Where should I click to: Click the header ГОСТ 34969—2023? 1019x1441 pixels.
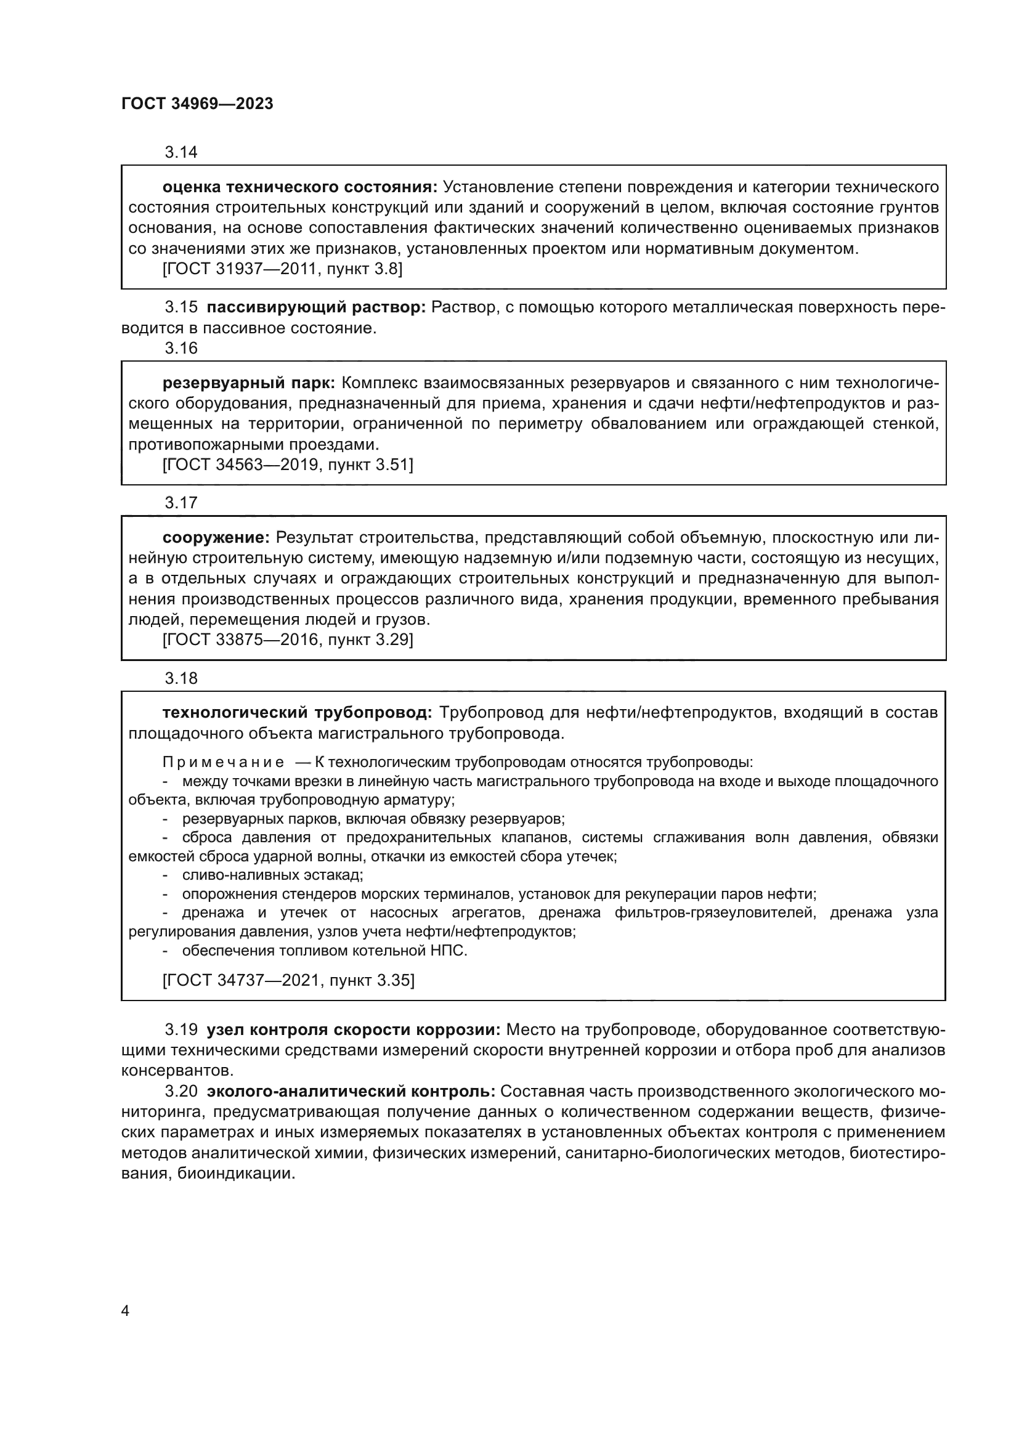[x=197, y=104]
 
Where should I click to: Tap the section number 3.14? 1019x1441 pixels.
[x=181, y=152]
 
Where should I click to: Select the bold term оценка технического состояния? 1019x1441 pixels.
[x=299, y=187]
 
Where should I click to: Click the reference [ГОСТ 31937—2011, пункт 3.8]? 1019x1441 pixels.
[x=282, y=269]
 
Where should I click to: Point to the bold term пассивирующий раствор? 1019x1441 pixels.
[x=316, y=307]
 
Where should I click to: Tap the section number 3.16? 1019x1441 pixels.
[x=181, y=348]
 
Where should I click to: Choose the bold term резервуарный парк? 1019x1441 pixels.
[x=249, y=383]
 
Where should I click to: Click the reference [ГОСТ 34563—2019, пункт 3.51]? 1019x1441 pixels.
[x=287, y=465]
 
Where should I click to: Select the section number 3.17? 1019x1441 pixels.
[x=181, y=503]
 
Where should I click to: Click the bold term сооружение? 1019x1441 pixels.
[x=216, y=537]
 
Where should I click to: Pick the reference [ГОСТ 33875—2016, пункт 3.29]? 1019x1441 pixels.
[x=287, y=639]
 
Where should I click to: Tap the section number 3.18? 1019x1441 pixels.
[x=181, y=678]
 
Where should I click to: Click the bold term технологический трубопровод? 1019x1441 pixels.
[x=297, y=713]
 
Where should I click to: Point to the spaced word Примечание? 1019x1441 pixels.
[x=223, y=763]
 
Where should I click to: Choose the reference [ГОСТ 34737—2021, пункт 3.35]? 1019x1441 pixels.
[x=288, y=980]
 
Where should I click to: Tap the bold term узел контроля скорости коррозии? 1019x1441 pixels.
[x=353, y=1030]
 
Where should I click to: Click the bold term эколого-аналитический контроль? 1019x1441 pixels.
[x=351, y=1092]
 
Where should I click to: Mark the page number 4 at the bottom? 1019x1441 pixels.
[x=125, y=1312]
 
